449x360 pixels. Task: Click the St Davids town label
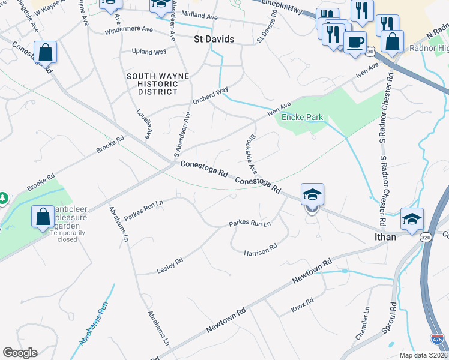(213, 39)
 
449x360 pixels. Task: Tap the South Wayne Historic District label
(157, 83)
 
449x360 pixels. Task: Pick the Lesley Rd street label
(170, 262)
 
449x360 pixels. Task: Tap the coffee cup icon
(355, 43)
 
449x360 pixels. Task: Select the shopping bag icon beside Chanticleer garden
(43, 217)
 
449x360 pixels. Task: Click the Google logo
(20, 353)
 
